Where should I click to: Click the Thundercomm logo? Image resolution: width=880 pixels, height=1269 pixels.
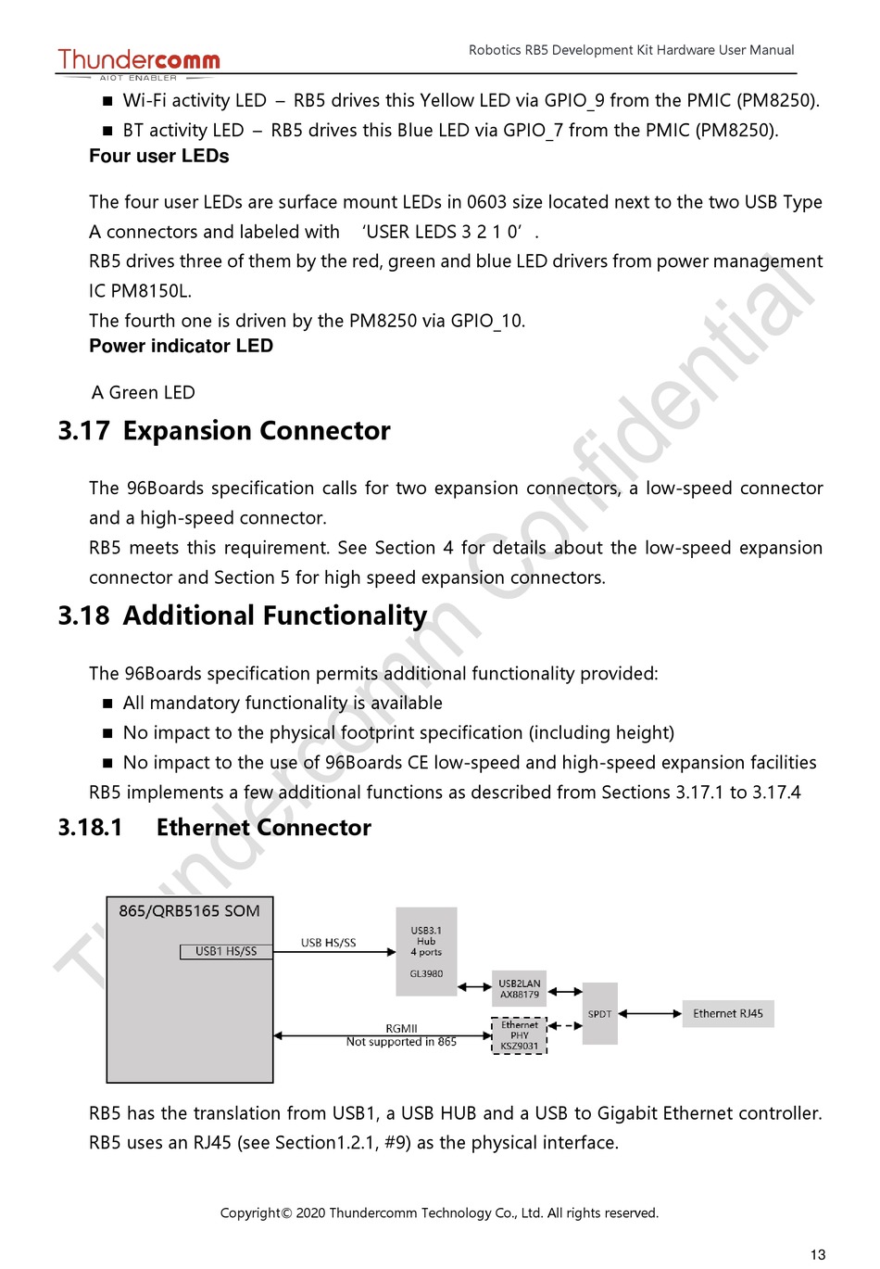tap(139, 62)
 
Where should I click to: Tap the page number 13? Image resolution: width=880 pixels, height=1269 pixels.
tap(817, 1254)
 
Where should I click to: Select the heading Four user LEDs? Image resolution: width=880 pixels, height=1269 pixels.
tap(158, 157)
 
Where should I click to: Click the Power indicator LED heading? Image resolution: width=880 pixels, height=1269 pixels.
tap(181, 347)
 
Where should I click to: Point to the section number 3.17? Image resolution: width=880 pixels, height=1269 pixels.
tap(83, 431)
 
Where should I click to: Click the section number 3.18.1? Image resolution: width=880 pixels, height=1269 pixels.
tap(90, 828)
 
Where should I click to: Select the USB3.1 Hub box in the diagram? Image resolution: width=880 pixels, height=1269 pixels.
tap(426, 951)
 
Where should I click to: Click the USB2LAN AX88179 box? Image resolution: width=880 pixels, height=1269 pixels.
tap(519, 989)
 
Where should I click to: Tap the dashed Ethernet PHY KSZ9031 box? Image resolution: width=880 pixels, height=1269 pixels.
tap(519, 1035)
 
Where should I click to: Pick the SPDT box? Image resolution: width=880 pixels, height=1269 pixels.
tap(599, 1014)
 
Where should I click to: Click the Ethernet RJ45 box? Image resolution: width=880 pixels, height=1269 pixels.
tap(728, 1014)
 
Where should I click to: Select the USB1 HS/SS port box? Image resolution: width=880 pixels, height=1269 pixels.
tap(226, 951)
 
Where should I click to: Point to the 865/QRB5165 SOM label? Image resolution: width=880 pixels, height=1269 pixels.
tap(189, 911)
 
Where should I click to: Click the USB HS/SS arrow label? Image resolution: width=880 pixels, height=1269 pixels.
tap(328, 943)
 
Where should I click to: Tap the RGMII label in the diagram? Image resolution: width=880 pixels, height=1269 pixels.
tap(401, 1028)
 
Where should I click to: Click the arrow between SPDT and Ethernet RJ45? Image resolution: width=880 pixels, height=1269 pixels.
tap(650, 1014)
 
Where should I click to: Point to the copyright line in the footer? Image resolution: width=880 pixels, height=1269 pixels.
tap(439, 1212)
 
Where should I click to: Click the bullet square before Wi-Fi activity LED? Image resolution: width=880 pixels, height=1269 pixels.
tap(107, 102)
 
